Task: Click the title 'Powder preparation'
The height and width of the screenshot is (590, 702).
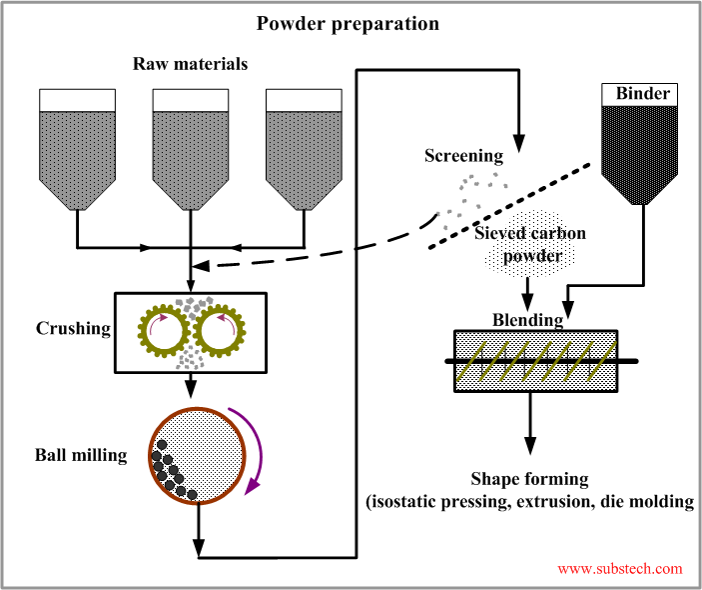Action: [x=348, y=23]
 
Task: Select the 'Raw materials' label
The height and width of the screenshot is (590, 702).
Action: [x=190, y=65]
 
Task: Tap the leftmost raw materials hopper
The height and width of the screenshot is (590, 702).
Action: [x=77, y=150]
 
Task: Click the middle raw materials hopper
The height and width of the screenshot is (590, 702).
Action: [x=190, y=150]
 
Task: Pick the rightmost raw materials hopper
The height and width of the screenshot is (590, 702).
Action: [x=304, y=150]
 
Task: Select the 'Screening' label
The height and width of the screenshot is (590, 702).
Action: [x=463, y=155]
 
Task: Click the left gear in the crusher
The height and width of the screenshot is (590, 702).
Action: [x=161, y=328]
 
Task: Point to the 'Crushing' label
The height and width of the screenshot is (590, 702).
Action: [x=73, y=328]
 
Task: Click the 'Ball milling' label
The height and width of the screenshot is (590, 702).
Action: [x=80, y=456]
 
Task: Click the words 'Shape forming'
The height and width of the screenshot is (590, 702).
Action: [x=529, y=479]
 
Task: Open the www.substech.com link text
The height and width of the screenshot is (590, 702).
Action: [x=620, y=568]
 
